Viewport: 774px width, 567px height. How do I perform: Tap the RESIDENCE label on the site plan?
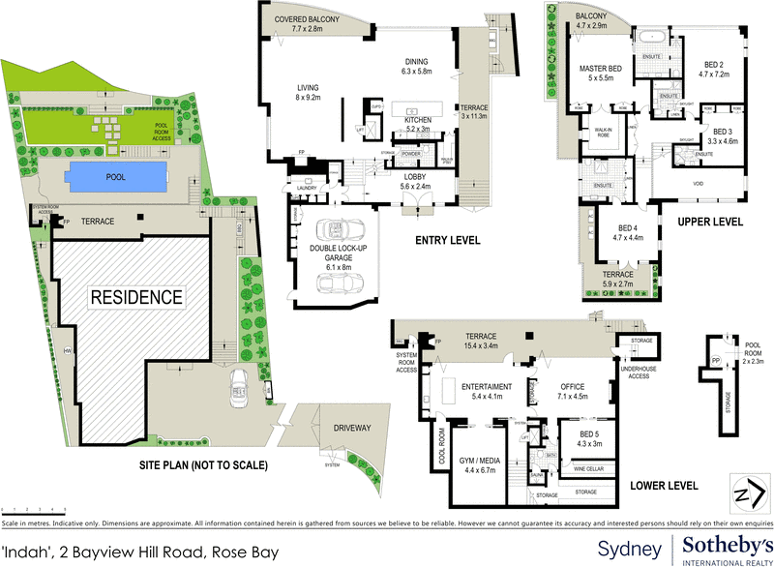(x=136, y=297)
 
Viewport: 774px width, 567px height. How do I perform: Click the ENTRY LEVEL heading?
(x=448, y=240)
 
